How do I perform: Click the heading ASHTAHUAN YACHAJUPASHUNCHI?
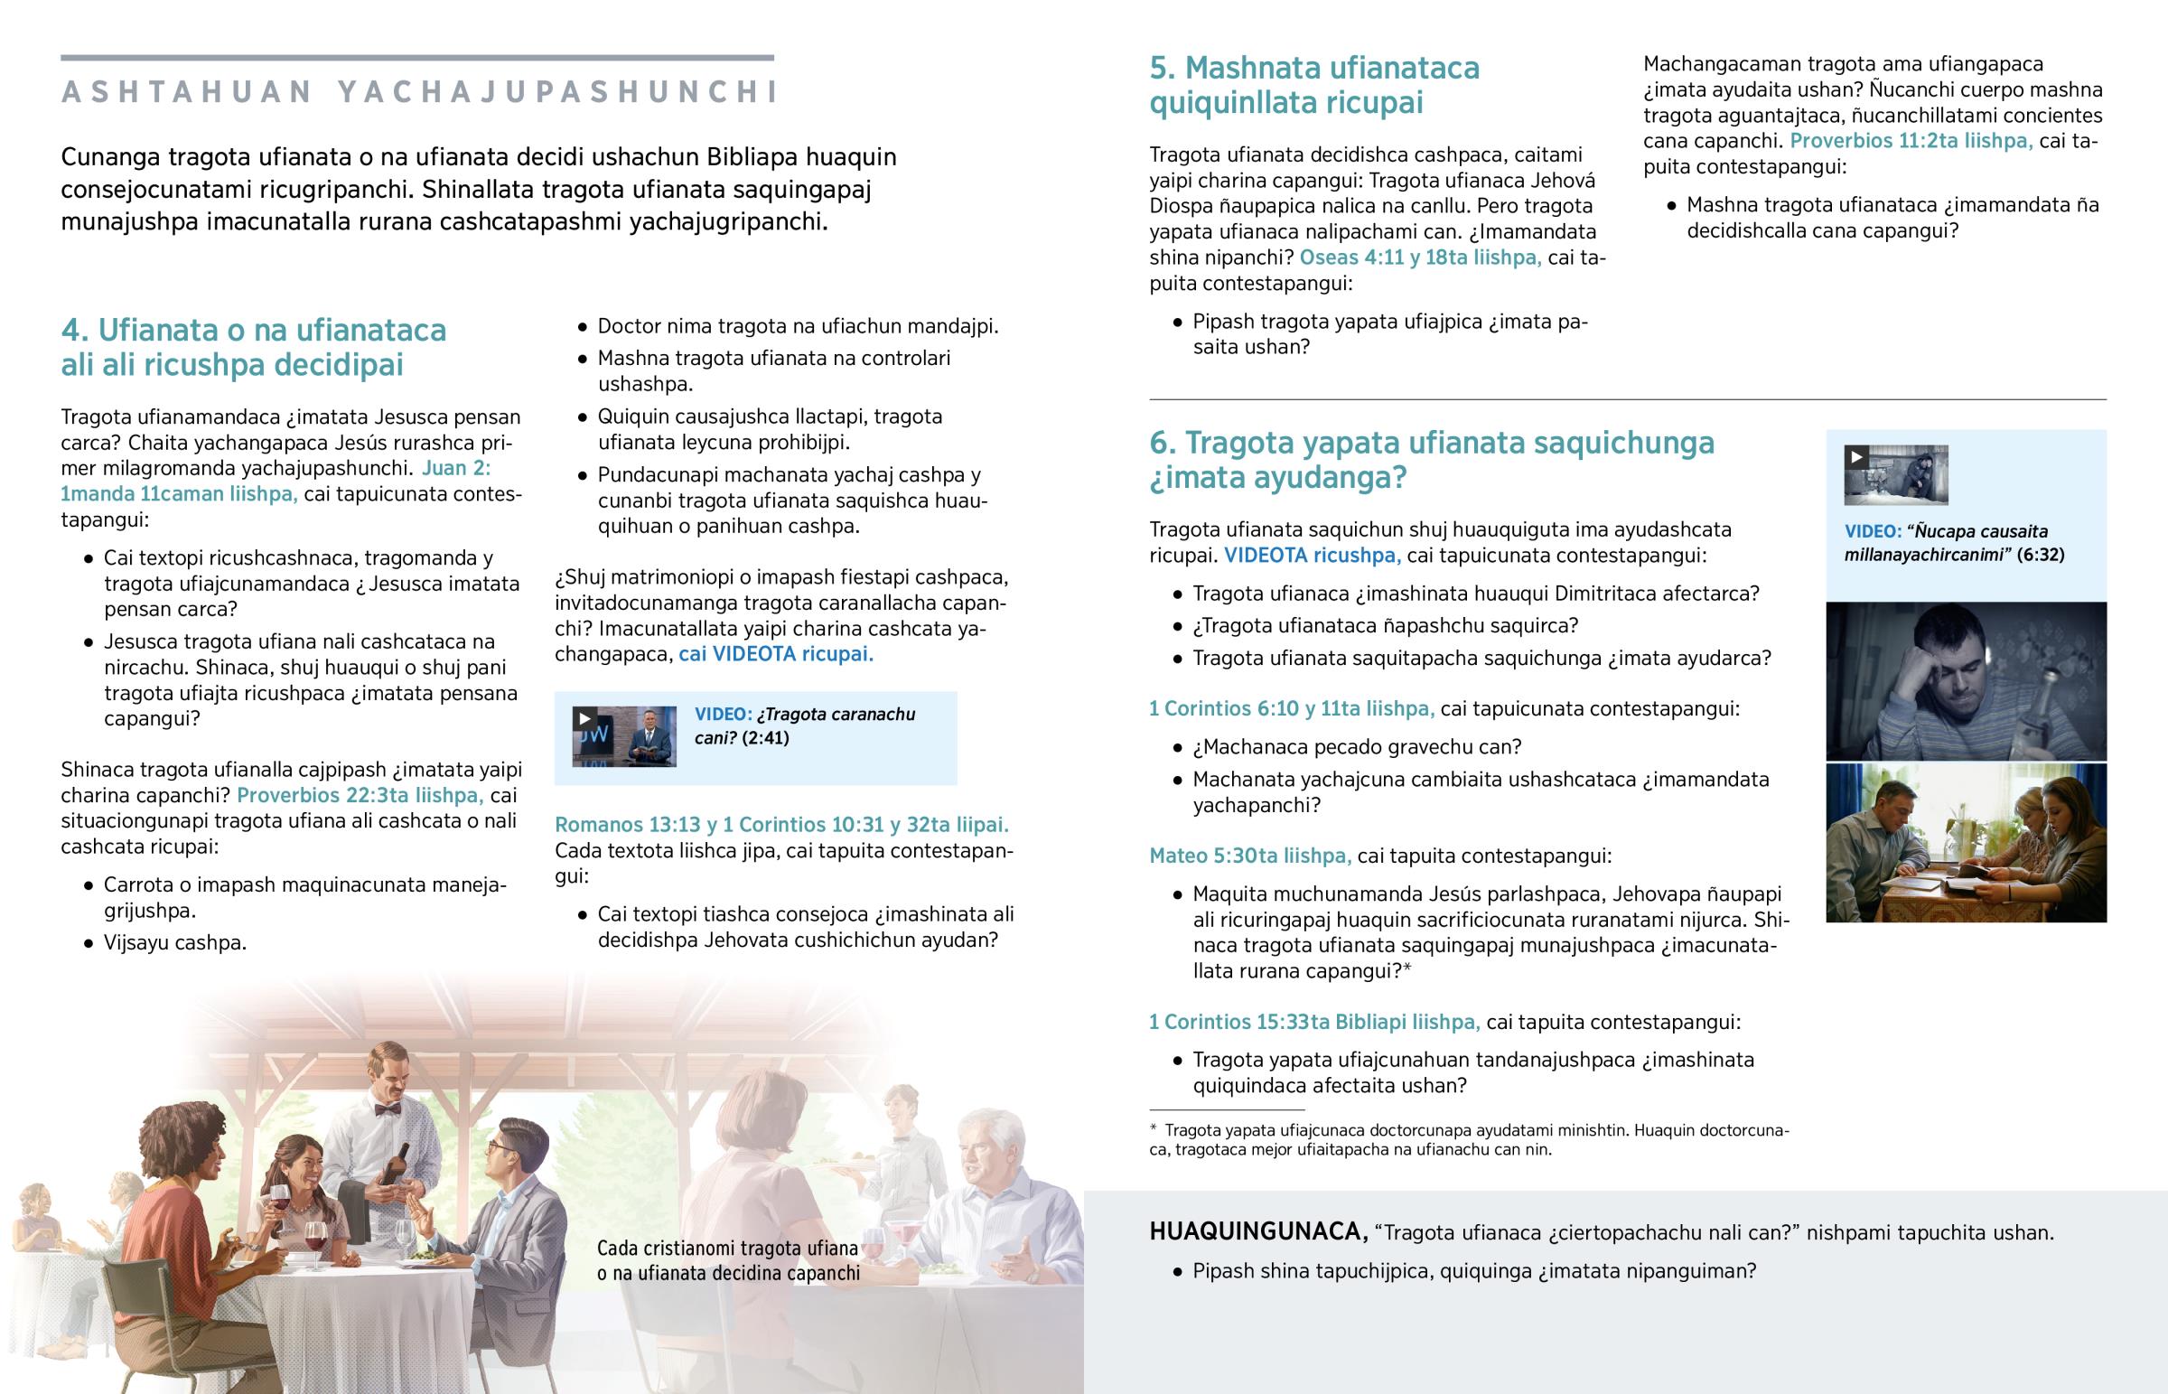(x=418, y=92)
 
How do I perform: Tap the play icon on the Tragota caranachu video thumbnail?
(x=584, y=719)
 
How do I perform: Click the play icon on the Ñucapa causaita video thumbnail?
(x=1855, y=457)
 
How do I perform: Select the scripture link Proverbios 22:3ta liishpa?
(x=360, y=796)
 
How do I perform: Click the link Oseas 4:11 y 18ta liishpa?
(x=1420, y=258)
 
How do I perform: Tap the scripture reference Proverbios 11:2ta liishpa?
(x=1911, y=141)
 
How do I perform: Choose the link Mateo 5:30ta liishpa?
(x=1249, y=856)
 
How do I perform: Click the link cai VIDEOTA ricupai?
(x=775, y=654)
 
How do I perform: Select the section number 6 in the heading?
(x=1160, y=444)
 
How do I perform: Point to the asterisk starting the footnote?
(x=1153, y=1129)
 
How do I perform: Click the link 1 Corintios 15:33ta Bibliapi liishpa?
(x=1313, y=1023)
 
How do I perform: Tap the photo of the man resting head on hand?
(x=1966, y=680)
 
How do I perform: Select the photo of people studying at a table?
(x=1966, y=844)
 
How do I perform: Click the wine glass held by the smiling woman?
(x=279, y=1201)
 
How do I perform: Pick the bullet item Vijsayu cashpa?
(x=174, y=943)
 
